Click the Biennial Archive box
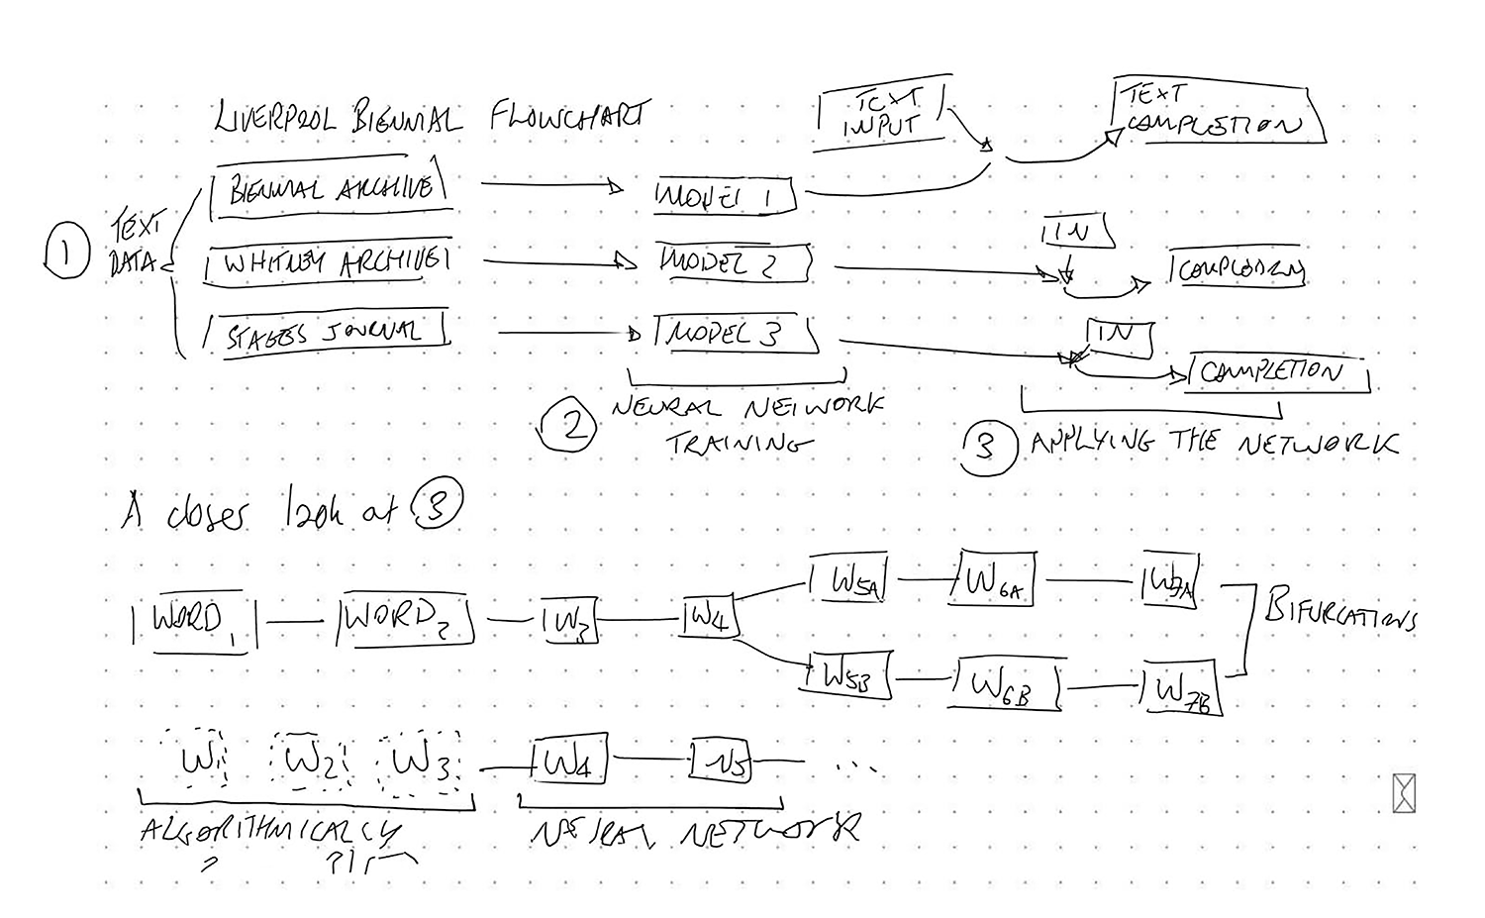329,187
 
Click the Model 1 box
727,196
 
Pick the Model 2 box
735,263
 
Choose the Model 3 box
737,334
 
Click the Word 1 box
193,623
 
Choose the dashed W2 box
311,763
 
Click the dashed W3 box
420,764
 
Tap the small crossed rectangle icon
1404,793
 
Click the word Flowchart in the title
568,117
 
